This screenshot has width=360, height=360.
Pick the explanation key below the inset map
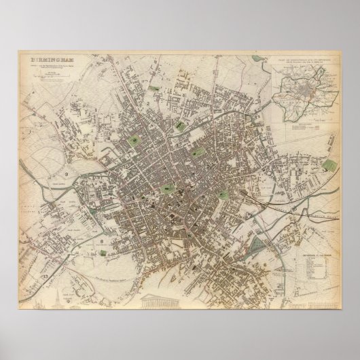pyautogui.click(x=303, y=127)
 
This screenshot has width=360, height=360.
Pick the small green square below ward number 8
pyautogui.click(x=103, y=252)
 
